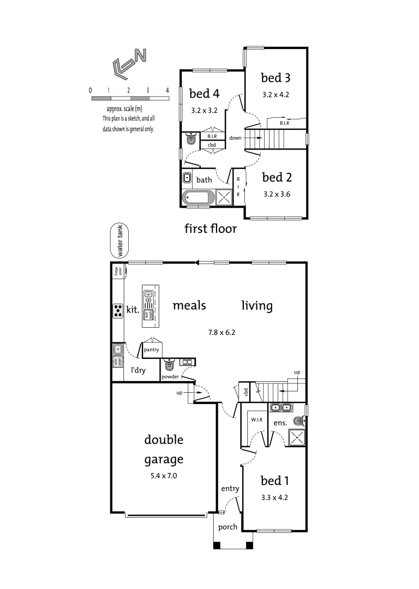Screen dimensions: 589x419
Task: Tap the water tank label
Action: point(118,241)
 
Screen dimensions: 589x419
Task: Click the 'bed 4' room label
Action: point(204,93)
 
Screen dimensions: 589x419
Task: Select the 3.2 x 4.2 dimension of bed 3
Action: point(276,94)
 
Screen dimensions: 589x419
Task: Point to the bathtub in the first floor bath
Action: point(199,197)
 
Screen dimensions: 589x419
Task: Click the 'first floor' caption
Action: point(211,229)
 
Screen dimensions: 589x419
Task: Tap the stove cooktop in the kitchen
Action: point(118,311)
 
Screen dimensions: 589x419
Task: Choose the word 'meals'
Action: point(189,305)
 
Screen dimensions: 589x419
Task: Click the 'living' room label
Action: point(257,305)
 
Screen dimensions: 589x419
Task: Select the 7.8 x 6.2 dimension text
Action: point(223,331)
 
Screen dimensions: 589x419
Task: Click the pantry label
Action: point(151,350)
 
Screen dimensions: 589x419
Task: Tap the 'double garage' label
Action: point(164,449)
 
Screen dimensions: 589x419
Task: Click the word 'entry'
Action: point(230,489)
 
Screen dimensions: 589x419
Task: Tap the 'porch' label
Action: point(228,527)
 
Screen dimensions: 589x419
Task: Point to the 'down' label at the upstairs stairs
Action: point(236,138)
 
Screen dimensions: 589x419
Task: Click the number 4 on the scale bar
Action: point(167,90)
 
